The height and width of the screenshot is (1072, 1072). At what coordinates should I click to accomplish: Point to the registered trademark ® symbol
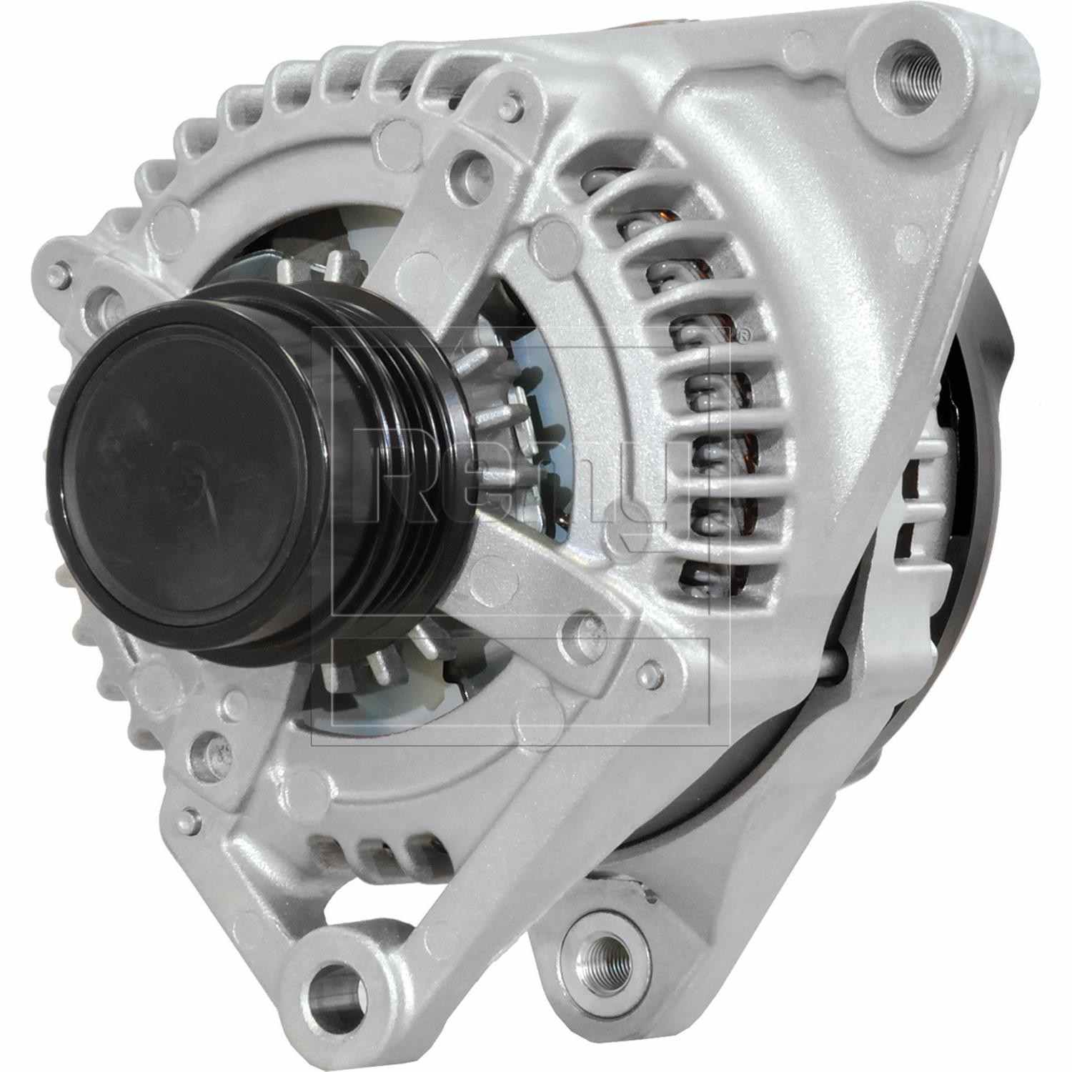pyautogui.click(x=743, y=333)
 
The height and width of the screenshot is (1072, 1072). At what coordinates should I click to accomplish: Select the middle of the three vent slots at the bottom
pyautogui.click(x=372, y=850)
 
